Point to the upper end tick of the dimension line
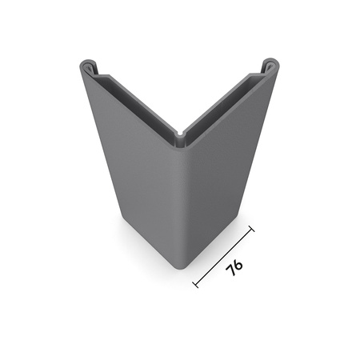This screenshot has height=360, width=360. pyautogui.click(x=253, y=230)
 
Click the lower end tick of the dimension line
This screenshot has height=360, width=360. pyautogui.click(x=196, y=283)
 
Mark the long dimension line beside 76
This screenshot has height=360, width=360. pyautogui.click(x=224, y=257)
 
